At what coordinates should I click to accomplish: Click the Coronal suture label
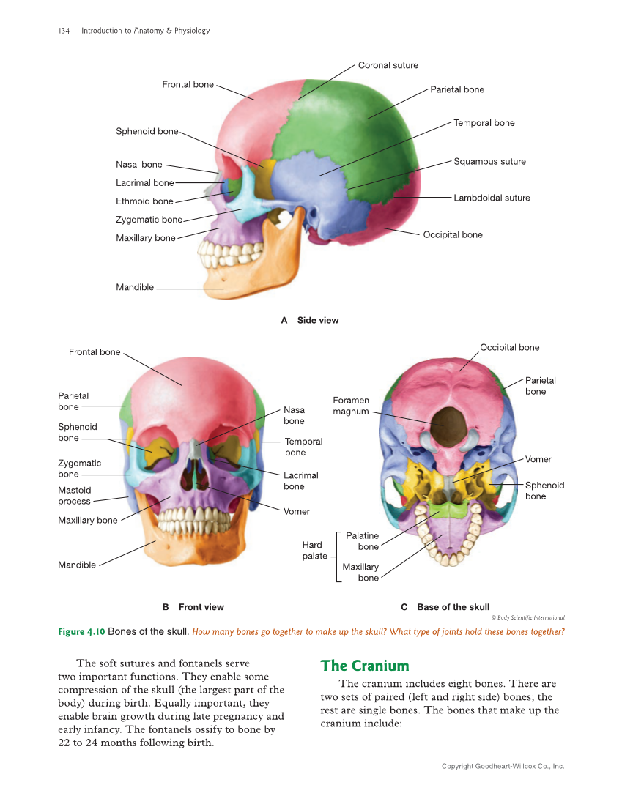[388, 65]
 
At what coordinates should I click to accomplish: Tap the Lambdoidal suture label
[492, 198]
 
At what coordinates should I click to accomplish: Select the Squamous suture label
[489, 161]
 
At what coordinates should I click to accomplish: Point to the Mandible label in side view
[135, 287]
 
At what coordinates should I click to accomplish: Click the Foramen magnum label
[351, 406]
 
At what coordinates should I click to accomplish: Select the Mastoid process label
[75, 496]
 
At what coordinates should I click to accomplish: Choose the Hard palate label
[314, 551]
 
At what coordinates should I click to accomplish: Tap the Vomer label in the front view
[297, 511]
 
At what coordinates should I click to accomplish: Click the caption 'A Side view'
[310, 320]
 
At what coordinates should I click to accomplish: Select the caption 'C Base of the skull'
[445, 607]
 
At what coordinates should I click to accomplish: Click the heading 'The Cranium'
[365, 666]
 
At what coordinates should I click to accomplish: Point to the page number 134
[63, 31]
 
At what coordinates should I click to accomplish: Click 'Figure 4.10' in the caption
[81, 631]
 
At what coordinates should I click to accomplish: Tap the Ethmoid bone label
[144, 201]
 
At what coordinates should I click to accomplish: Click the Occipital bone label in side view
[453, 234]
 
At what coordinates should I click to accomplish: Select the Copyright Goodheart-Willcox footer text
[503, 766]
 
